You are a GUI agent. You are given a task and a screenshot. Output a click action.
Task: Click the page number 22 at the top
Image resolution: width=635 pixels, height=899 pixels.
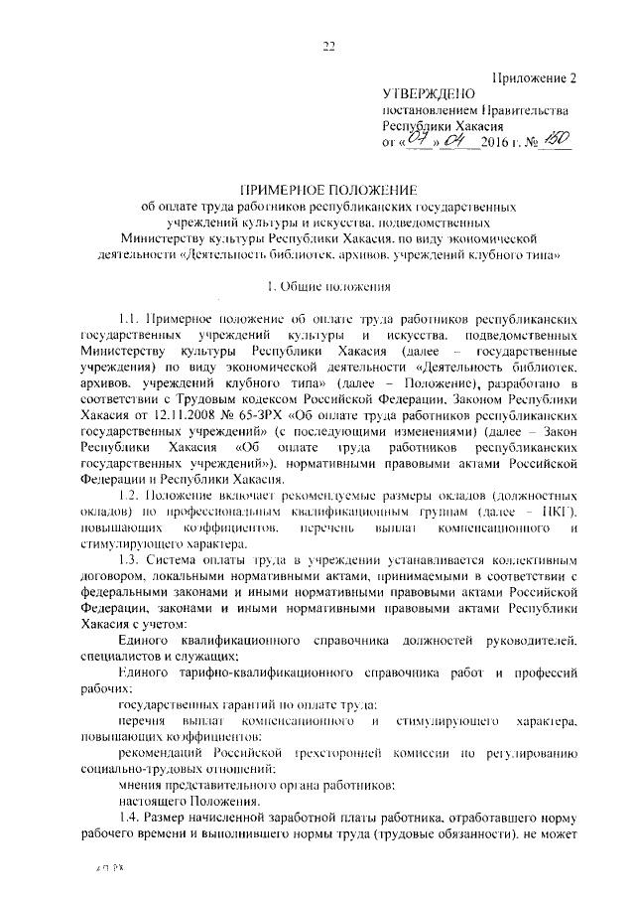329,43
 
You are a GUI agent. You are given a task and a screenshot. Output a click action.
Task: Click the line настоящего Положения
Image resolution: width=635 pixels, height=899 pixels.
178,798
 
